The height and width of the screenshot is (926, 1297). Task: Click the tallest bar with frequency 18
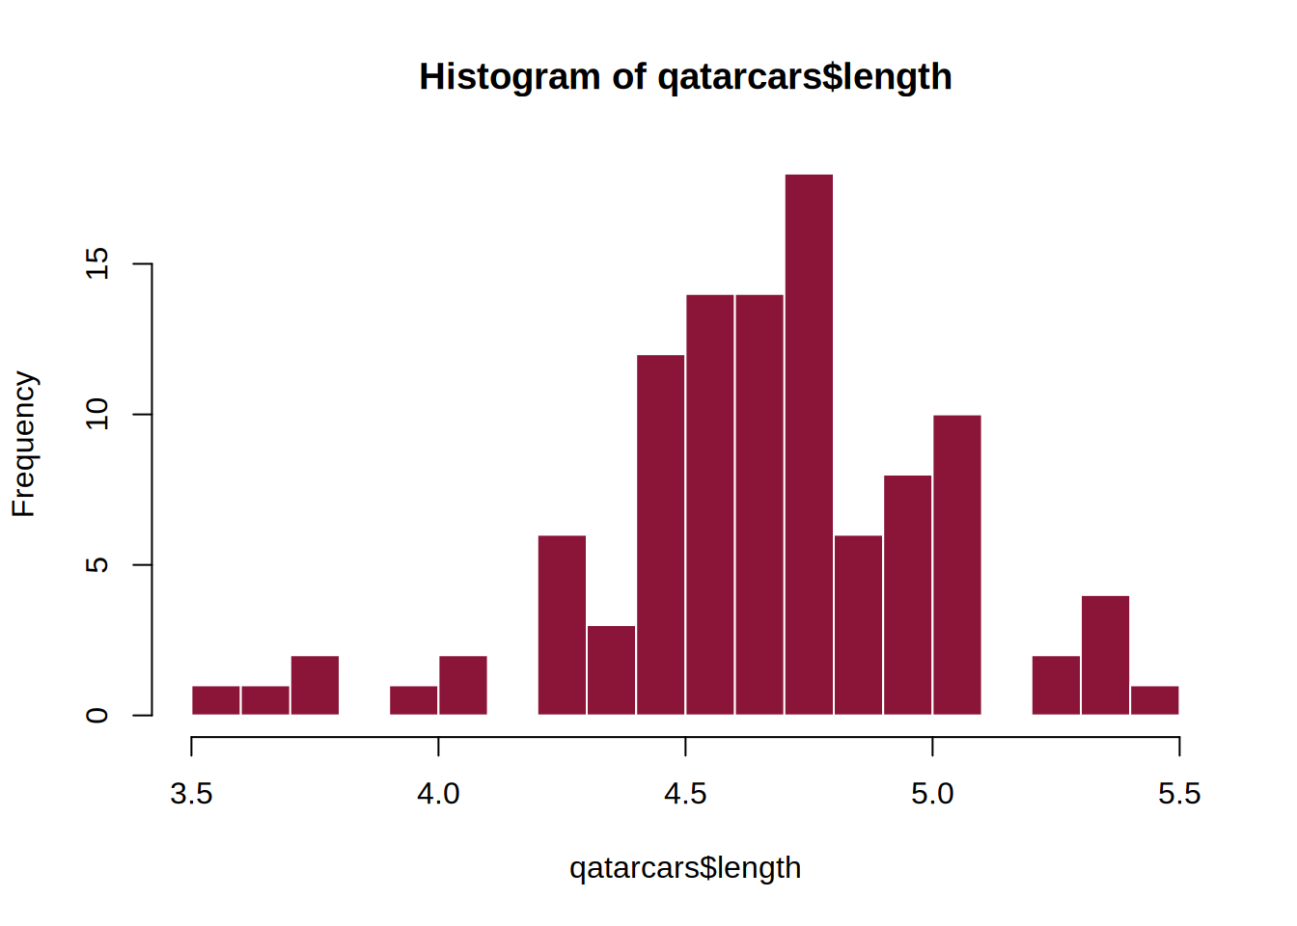point(809,444)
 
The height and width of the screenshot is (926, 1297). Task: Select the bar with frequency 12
point(661,534)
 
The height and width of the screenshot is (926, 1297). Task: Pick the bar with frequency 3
point(611,669)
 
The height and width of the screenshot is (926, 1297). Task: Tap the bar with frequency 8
point(908,594)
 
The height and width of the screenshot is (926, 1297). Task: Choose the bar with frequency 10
point(957,564)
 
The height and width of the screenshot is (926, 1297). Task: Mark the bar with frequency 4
point(1105,655)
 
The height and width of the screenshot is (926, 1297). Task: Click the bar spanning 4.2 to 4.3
point(562,624)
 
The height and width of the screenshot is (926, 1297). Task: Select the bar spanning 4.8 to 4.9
point(858,624)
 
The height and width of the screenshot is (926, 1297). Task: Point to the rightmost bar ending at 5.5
point(1154,700)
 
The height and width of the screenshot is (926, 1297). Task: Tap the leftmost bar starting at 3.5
point(216,700)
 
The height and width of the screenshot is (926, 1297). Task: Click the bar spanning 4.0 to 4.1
point(463,685)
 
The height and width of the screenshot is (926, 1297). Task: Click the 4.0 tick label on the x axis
point(438,794)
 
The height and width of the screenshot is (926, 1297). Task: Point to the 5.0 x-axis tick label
point(932,794)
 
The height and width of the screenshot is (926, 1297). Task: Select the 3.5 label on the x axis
point(191,794)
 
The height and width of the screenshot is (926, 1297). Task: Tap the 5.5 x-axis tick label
point(1179,794)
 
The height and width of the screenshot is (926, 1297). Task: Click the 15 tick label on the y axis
point(97,263)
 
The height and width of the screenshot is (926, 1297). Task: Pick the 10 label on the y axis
point(97,415)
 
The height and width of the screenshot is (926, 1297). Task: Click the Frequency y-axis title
point(23,444)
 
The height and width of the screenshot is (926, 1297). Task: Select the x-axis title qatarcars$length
point(685,868)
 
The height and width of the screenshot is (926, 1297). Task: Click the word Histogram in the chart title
point(510,77)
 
